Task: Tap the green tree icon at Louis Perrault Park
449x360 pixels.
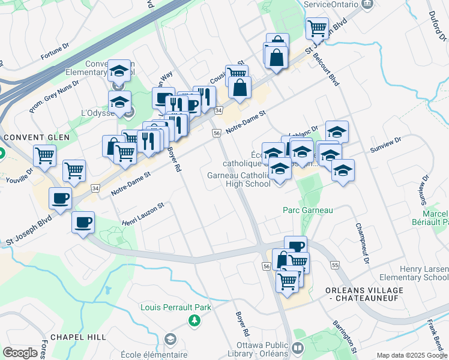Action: click(194, 322)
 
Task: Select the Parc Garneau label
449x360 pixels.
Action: click(308, 211)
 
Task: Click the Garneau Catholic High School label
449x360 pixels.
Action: click(239, 180)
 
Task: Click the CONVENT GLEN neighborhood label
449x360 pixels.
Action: click(37, 137)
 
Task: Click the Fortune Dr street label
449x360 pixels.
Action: click(55, 53)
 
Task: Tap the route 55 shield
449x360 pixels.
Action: click(335, 265)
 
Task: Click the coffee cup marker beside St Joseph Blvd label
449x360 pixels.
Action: click(61, 199)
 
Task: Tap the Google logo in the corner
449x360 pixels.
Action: click(20, 353)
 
